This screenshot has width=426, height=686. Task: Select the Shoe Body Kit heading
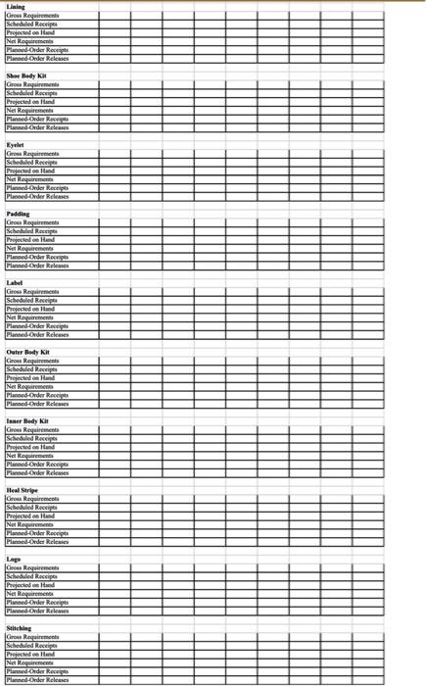[x=25, y=75]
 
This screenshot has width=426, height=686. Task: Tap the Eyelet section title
[x=15, y=144]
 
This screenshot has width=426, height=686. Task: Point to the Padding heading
[x=18, y=213]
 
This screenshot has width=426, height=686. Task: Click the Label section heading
[x=15, y=282]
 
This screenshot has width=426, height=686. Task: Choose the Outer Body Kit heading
[x=27, y=351]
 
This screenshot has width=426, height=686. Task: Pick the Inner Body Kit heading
[x=27, y=420]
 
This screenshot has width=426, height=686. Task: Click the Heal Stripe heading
[x=23, y=489]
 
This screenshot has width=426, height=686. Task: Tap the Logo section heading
[x=13, y=559]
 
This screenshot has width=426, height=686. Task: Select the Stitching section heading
[x=20, y=628]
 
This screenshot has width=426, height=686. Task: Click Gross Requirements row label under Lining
[x=31, y=16]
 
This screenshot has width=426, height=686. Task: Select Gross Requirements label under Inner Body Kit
[x=31, y=430]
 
